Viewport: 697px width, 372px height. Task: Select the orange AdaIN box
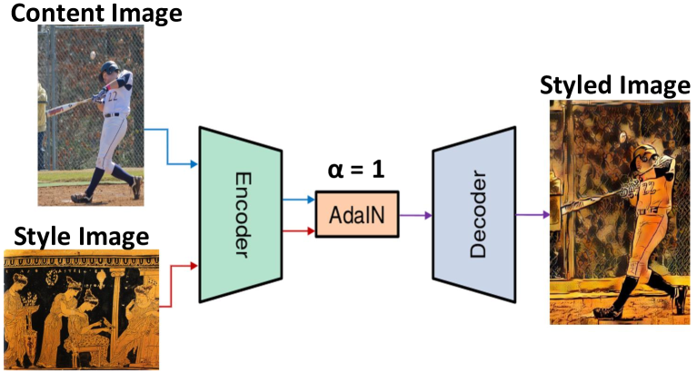point(357,214)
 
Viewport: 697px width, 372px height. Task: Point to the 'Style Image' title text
point(82,238)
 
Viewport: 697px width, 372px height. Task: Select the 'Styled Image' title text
point(615,86)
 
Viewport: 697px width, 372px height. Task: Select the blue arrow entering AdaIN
point(301,199)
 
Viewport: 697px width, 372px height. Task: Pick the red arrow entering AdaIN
point(301,230)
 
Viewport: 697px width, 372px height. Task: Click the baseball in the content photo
point(94,56)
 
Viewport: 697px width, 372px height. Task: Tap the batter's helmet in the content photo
point(110,68)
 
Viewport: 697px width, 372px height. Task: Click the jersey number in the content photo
point(114,94)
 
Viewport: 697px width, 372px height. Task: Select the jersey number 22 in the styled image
point(648,187)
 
